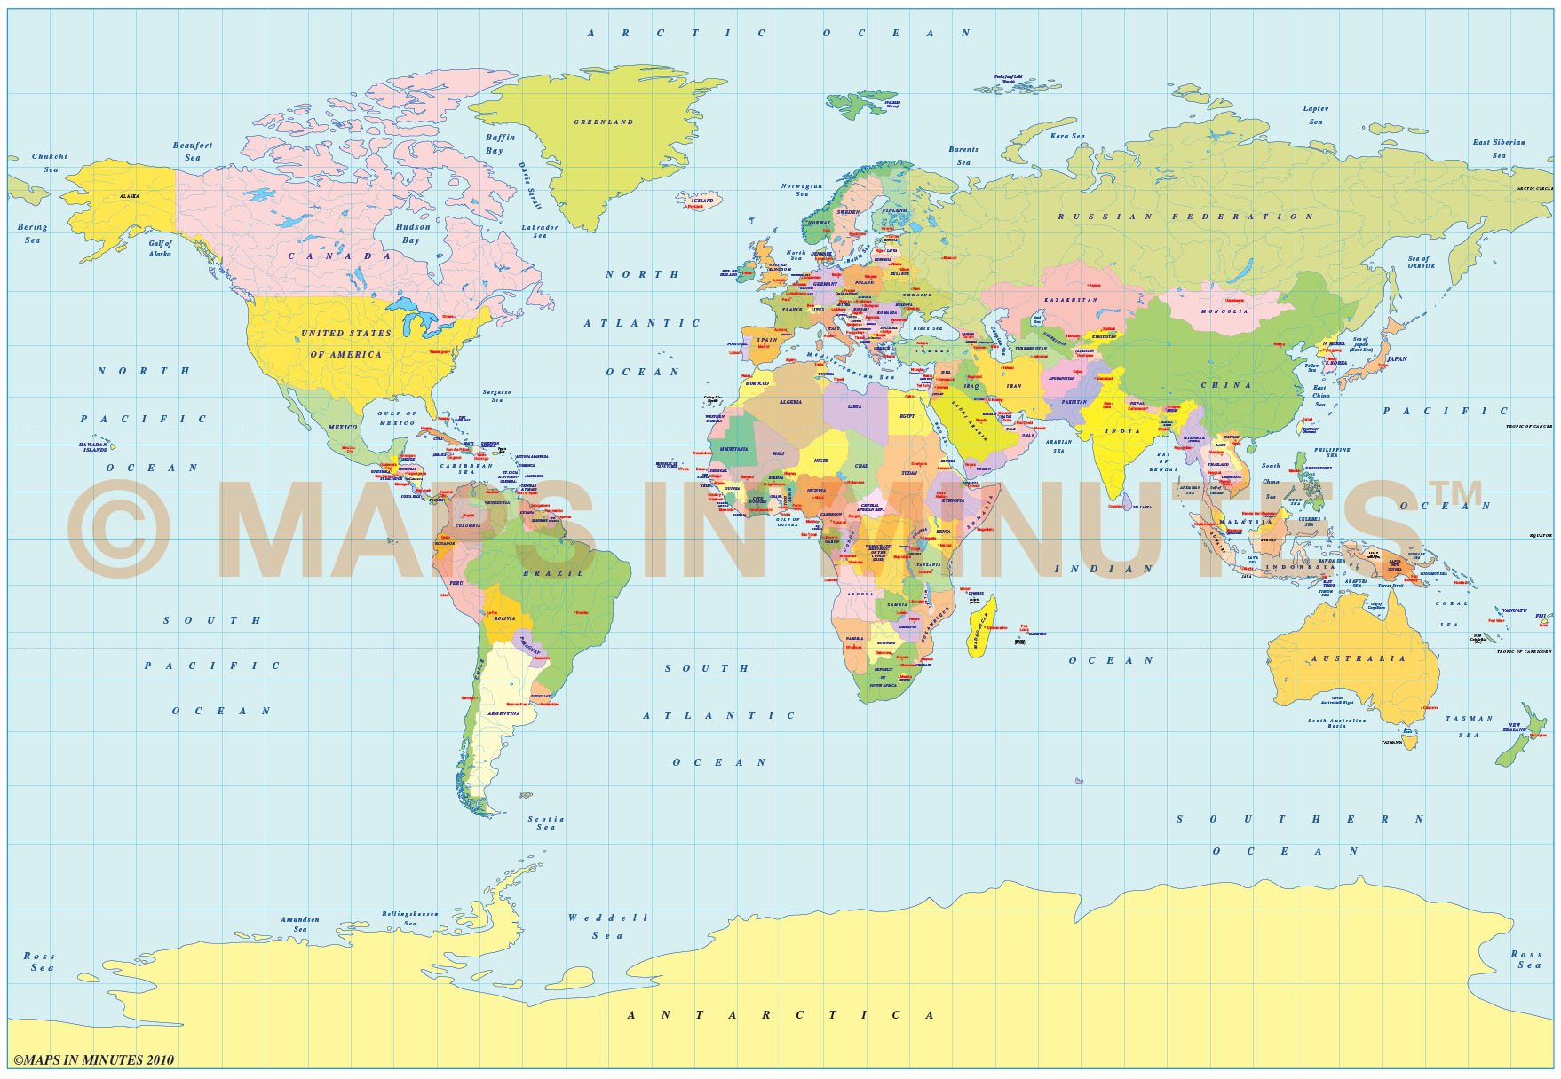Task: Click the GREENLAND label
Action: (x=603, y=122)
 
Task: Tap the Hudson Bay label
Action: (x=412, y=233)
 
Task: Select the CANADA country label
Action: (x=339, y=256)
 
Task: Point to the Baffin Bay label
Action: (x=500, y=144)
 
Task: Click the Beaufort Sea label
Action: (x=193, y=151)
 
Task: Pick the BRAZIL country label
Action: (x=553, y=573)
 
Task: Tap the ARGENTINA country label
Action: (x=503, y=713)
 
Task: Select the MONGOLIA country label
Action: (x=1224, y=311)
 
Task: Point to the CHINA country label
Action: (x=1226, y=385)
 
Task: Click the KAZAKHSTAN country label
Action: (x=1070, y=300)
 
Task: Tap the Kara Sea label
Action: (x=1067, y=137)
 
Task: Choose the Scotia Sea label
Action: (x=545, y=823)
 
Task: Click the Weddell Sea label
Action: (x=608, y=926)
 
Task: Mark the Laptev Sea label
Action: (x=1315, y=115)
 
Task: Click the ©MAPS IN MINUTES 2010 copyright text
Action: (x=93, y=1059)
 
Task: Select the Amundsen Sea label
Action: (x=300, y=925)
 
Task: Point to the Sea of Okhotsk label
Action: (x=1420, y=262)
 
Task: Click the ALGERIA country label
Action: (x=790, y=402)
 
